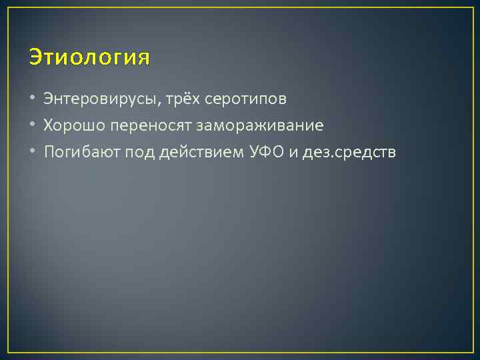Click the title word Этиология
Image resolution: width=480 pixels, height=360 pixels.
click(89, 58)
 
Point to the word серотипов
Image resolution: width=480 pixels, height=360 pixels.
click(246, 99)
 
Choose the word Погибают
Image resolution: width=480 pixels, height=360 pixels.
click(76, 152)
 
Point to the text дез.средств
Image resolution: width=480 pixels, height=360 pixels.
click(349, 153)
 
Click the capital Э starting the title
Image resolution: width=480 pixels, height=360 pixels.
click(35, 58)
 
